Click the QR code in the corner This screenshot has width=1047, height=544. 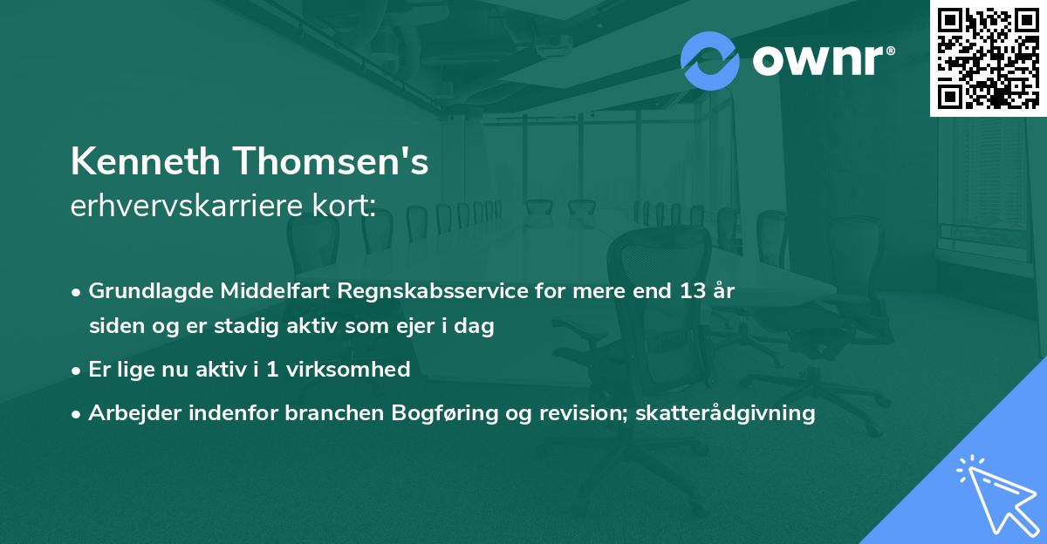click(988, 58)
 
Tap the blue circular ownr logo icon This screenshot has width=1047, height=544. click(708, 60)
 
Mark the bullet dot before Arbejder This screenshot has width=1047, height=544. click(77, 414)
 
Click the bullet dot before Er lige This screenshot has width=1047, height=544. click(77, 371)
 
